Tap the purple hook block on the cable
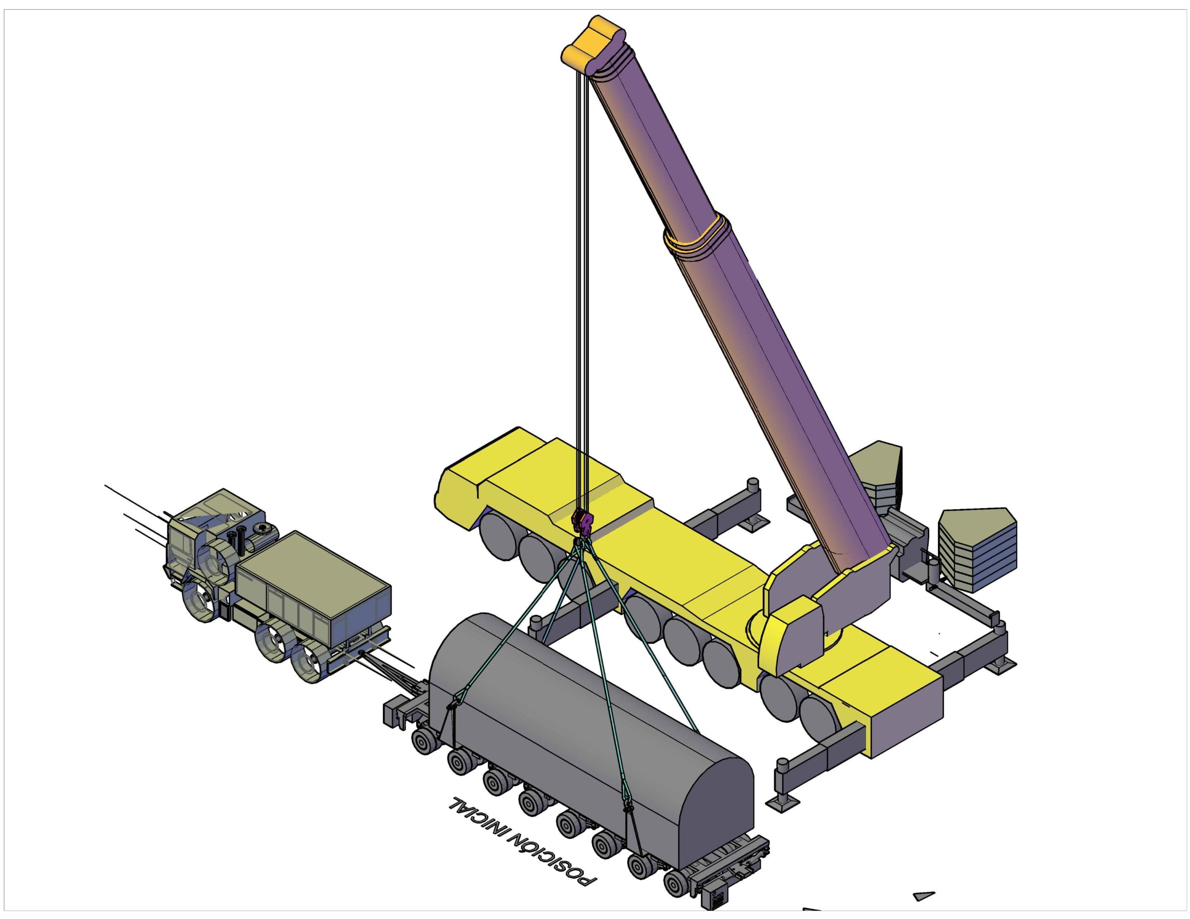tap(583, 523)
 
